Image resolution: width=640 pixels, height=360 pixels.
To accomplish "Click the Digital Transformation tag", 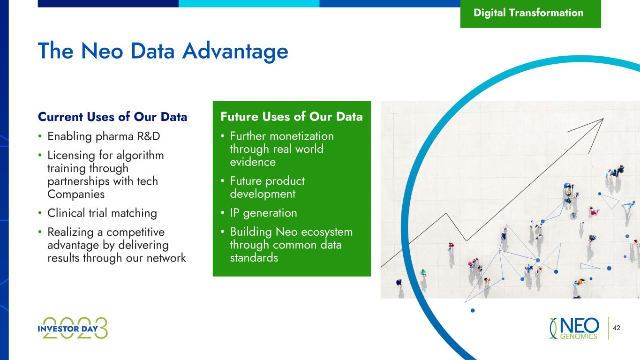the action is (530, 14).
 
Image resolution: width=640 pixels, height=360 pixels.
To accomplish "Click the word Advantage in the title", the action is (235, 52).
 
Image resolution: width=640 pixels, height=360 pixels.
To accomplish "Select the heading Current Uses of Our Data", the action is (112, 117).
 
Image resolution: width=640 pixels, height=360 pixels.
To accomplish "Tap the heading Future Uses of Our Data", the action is (292, 117).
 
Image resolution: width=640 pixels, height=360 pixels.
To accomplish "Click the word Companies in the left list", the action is (76, 194).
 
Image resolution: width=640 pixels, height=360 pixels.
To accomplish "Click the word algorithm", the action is (140, 156).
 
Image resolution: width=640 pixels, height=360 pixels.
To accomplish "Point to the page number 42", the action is (617, 328).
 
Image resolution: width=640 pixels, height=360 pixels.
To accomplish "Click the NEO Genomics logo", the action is (574, 328).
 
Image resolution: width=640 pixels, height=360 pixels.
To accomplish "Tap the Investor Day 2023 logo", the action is (73, 328).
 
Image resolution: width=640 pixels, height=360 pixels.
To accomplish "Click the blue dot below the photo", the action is (473, 310).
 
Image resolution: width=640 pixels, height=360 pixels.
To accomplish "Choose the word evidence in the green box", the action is (253, 162).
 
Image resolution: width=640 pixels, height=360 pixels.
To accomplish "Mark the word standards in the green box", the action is (254, 258).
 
